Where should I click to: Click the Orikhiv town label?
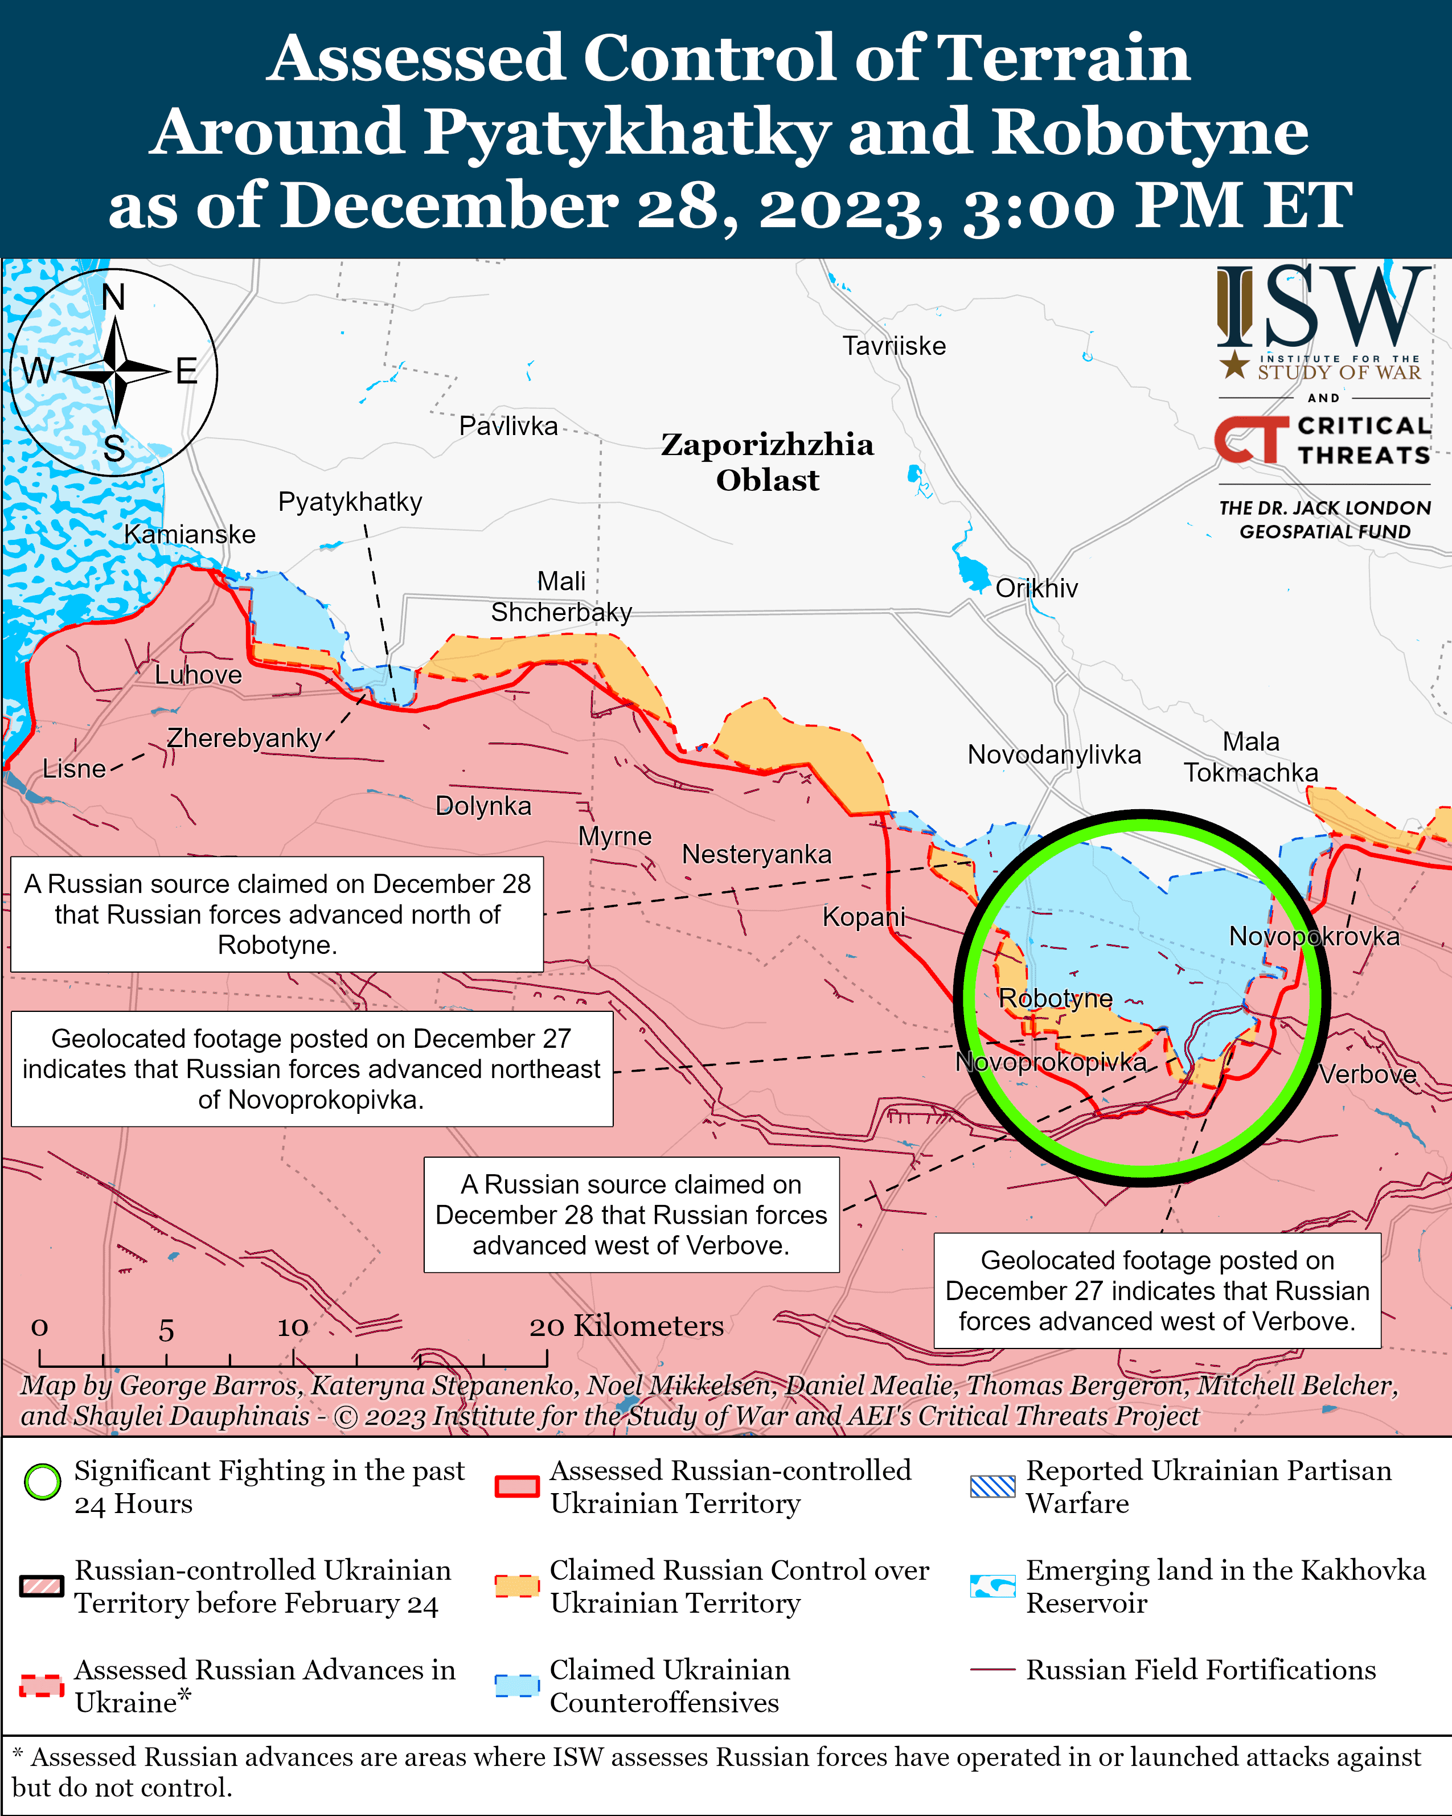[1036, 588]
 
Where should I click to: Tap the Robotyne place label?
[1055, 998]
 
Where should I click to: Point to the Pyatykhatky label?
[350, 502]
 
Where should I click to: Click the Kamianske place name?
[190, 534]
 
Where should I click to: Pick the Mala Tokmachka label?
[1250, 756]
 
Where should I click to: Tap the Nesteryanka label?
[756, 854]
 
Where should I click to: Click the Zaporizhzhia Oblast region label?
[766, 462]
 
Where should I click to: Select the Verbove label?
[1367, 1075]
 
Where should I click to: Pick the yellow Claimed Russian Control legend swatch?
[516, 1586]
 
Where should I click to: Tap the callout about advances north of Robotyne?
[277, 914]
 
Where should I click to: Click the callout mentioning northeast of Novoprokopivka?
[311, 1069]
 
